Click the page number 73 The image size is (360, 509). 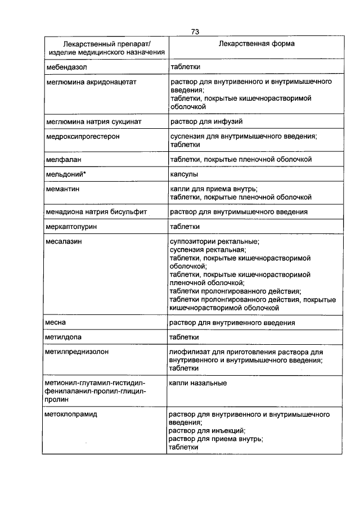[x=195, y=32]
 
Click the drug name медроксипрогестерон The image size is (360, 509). [x=82, y=136]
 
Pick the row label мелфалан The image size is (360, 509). [x=62, y=160]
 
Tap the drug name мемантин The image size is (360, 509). [x=62, y=190]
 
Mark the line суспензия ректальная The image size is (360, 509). [x=207, y=250]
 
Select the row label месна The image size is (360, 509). [x=56, y=322]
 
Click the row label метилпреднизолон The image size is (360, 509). [x=77, y=352]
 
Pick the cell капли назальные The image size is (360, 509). [x=198, y=383]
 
